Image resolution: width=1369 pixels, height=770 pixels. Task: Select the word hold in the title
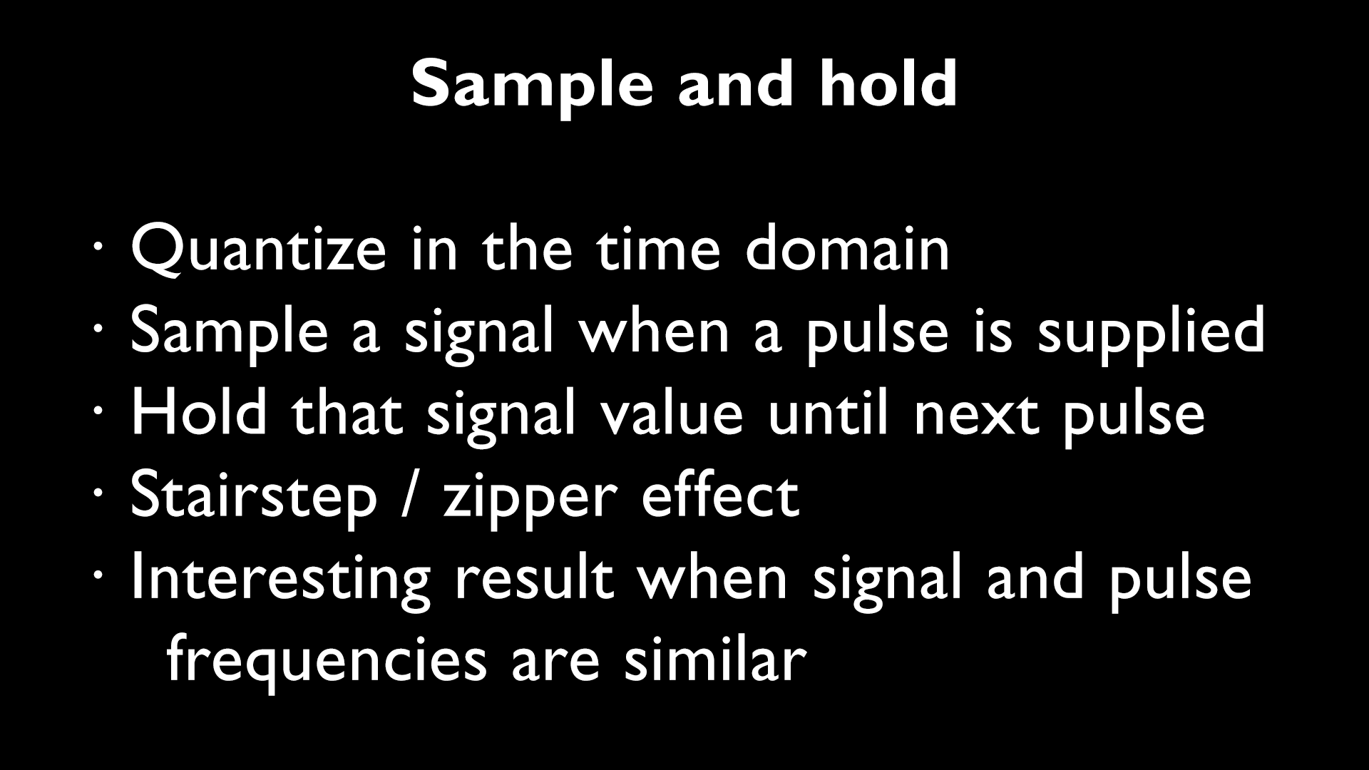(x=888, y=84)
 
